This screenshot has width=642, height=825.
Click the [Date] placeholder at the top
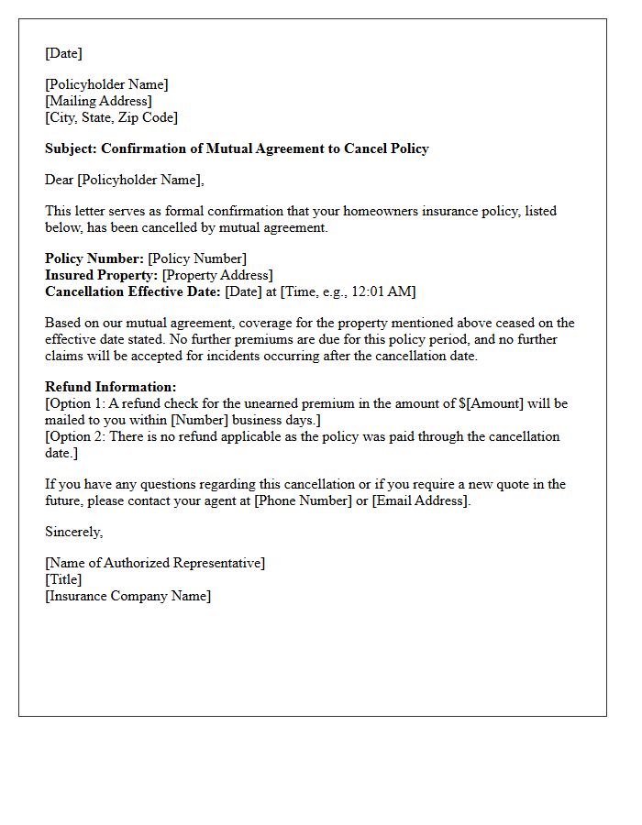click(x=63, y=53)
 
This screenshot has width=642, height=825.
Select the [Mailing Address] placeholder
click(x=98, y=101)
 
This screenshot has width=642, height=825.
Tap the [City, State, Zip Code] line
click(x=111, y=117)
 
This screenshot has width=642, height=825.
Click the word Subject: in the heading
click(x=71, y=148)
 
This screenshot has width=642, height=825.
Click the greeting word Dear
click(x=59, y=180)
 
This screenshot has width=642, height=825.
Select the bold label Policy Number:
click(x=94, y=258)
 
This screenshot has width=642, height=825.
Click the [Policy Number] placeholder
click(x=197, y=258)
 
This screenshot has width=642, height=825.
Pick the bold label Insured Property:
click(x=102, y=275)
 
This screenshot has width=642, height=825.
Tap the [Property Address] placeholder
click(x=217, y=275)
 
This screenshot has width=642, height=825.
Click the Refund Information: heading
click(x=111, y=387)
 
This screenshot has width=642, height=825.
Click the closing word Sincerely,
click(x=73, y=532)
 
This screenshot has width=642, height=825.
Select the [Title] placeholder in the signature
click(x=63, y=579)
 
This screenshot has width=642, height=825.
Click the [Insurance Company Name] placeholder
click(x=127, y=596)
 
